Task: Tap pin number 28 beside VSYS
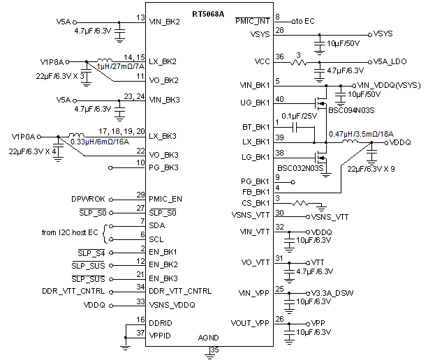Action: [279, 31]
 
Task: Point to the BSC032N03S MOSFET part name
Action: [301, 168]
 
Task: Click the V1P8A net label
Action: [52, 61]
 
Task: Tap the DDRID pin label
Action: [161, 322]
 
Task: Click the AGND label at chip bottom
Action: [209, 337]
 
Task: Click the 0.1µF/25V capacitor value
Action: [296, 116]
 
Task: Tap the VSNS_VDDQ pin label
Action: [172, 304]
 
